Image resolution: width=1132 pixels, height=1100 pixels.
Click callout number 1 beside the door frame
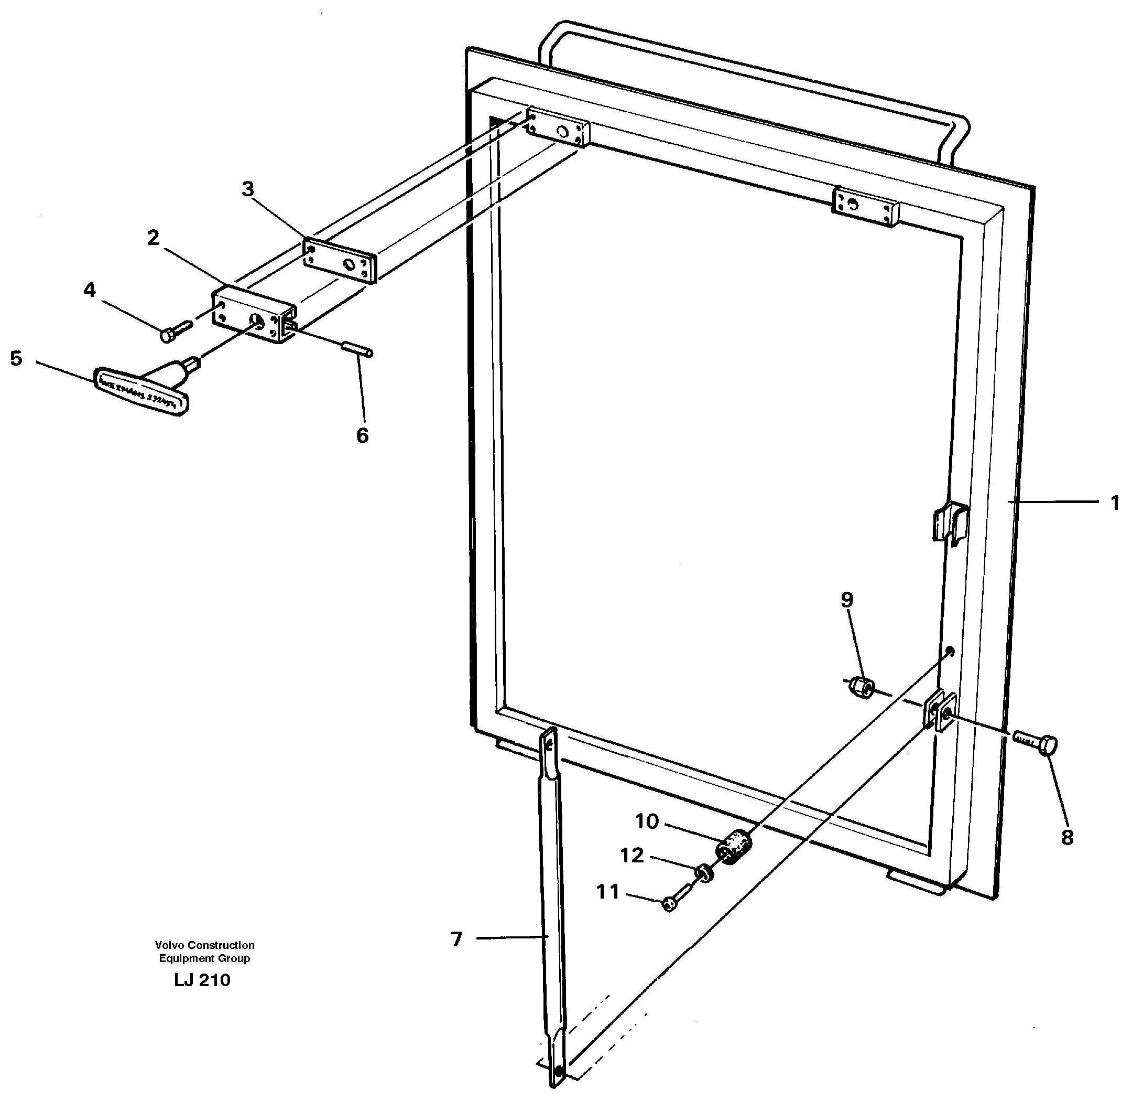(1115, 504)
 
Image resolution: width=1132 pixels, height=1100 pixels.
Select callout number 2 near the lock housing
(153, 238)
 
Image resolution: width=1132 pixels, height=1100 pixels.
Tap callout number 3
(248, 189)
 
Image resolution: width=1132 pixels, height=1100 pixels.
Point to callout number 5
(16, 358)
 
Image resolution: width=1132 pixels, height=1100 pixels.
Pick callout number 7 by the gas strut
(456, 939)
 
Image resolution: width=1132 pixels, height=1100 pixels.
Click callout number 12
(632, 855)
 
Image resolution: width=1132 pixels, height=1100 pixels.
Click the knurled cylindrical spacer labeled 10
(734, 847)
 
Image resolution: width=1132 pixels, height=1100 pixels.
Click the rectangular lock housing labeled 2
(251, 314)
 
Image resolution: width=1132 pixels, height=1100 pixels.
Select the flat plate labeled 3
(341, 261)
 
